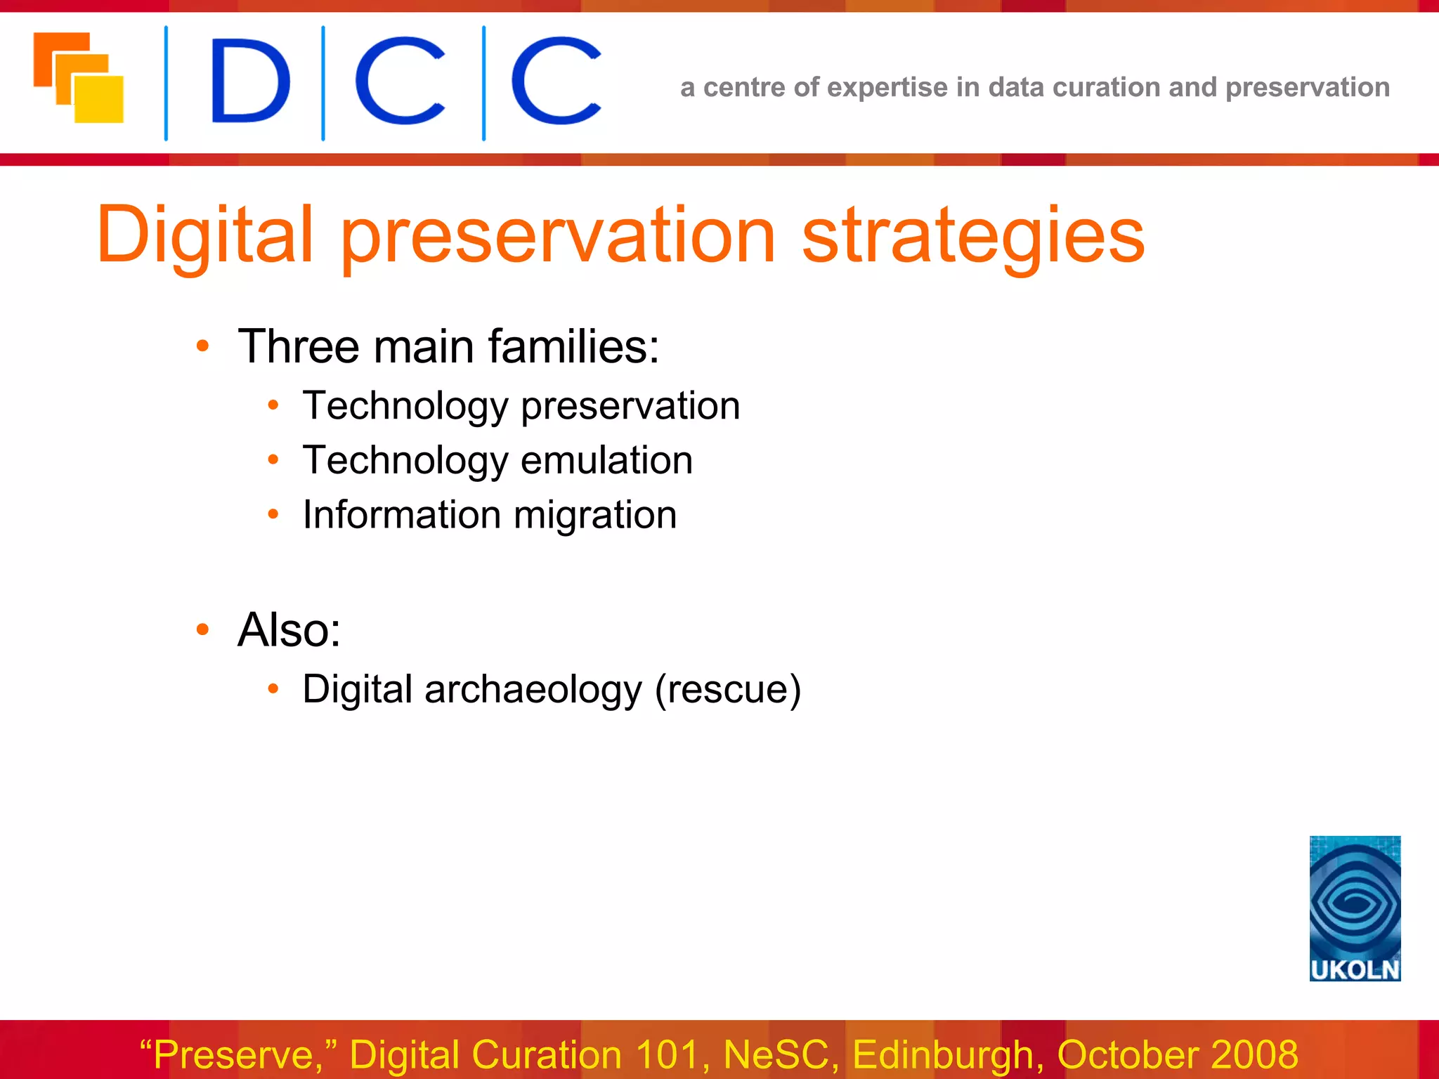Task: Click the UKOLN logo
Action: [1354, 908]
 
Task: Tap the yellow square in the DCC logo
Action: [99, 100]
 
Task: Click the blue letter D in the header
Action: [249, 81]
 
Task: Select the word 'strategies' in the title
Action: [973, 235]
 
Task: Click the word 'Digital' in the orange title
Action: [204, 235]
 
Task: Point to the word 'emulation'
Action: [606, 461]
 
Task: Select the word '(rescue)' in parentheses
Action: [728, 689]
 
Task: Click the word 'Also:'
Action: [289, 629]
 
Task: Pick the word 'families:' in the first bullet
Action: [573, 346]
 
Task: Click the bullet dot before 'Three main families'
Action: [203, 346]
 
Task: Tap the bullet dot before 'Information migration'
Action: [273, 514]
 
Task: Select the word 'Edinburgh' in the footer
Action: [943, 1054]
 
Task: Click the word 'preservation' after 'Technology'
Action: [630, 406]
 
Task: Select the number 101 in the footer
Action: [667, 1054]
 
